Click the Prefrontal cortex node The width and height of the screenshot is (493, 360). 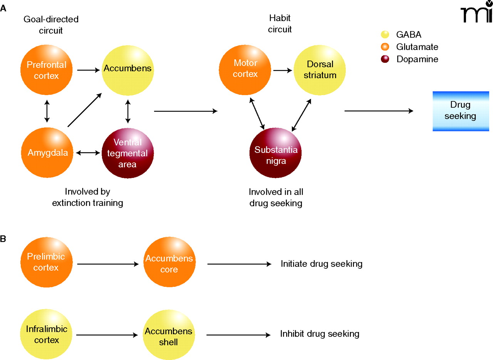(x=47, y=70)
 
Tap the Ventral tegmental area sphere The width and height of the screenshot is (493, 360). (x=127, y=153)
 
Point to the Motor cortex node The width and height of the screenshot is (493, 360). (x=245, y=69)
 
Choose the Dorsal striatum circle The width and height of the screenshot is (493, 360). (x=320, y=69)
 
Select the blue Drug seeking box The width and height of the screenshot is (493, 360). (x=461, y=111)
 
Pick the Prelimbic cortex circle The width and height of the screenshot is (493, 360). (x=47, y=262)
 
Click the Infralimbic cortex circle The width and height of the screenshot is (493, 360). (x=47, y=334)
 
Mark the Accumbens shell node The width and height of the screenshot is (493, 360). (x=169, y=334)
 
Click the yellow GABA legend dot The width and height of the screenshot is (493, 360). (x=385, y=35)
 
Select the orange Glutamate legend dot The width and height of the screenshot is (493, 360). (x=385, y=47)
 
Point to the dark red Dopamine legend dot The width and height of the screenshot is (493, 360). (x=385, y=59)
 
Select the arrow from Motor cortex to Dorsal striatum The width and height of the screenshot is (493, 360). (x=282, y=70)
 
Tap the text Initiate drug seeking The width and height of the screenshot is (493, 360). (x=322, y=264)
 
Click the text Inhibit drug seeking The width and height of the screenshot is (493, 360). (x=320, y=334)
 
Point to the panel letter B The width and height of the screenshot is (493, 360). (x=3, y=239)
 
